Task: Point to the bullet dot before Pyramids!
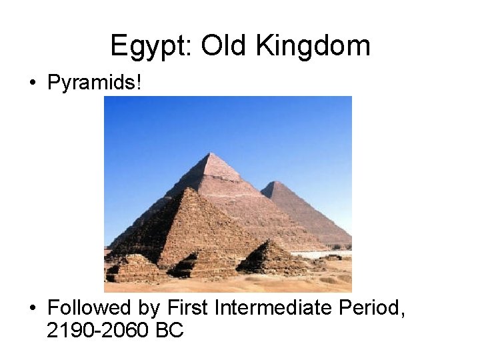point(33,84)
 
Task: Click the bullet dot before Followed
point(33,309)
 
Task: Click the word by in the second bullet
point(151,309)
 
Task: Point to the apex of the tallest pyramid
point(211,154)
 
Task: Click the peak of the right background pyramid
point(273,181)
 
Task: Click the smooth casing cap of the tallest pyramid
point(212,167)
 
